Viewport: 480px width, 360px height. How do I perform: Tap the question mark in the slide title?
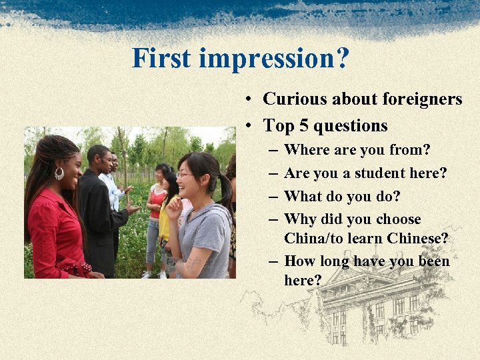pos(341,59)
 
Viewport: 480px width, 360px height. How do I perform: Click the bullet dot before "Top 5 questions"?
pos(247,126)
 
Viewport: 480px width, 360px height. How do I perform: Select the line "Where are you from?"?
pos(357,151)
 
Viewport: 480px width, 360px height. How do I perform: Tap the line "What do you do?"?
pos(342,197)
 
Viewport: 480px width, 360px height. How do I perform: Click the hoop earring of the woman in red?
pos(59,173)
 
